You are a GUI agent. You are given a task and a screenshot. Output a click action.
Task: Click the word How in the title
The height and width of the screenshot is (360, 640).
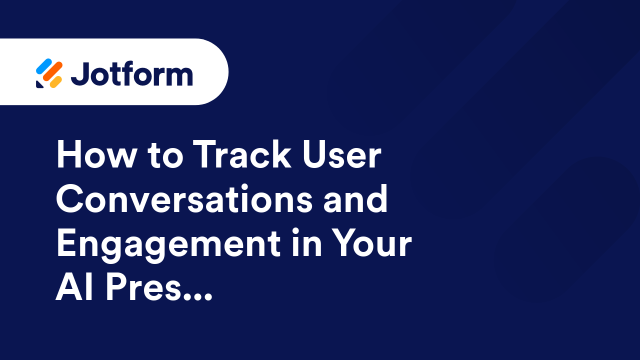[x=95, y=155]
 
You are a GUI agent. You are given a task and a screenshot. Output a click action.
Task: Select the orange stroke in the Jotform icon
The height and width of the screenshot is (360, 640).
[x=51, y=72]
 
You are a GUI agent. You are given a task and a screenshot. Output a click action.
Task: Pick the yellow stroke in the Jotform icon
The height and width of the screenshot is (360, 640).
[x=56, y=81]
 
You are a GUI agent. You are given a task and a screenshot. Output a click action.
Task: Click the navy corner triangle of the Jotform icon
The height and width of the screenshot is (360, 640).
[x=39, y=84]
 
